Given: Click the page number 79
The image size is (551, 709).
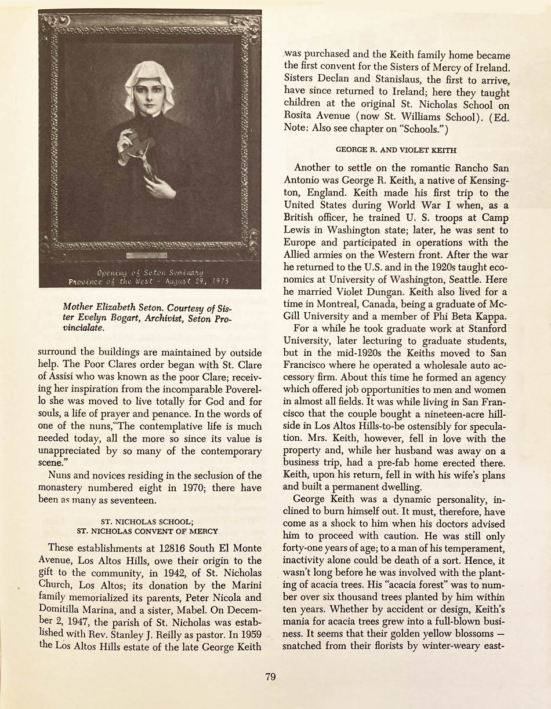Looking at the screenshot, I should tap(270, 677).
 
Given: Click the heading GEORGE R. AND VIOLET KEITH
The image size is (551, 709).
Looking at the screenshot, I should tap(396, 150).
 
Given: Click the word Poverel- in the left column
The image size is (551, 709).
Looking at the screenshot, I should tap(241, 389).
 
